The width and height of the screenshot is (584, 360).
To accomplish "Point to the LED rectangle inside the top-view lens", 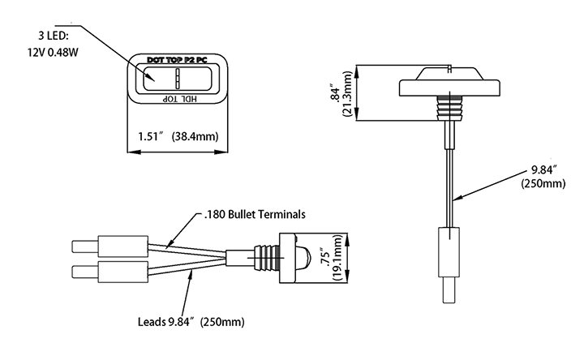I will (x=175, y=79).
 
